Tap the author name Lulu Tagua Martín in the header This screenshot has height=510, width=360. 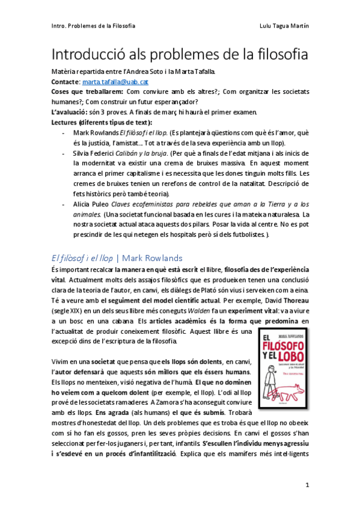281,26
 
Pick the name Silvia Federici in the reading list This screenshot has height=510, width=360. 94,153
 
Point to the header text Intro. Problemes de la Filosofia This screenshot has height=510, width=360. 93,26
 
